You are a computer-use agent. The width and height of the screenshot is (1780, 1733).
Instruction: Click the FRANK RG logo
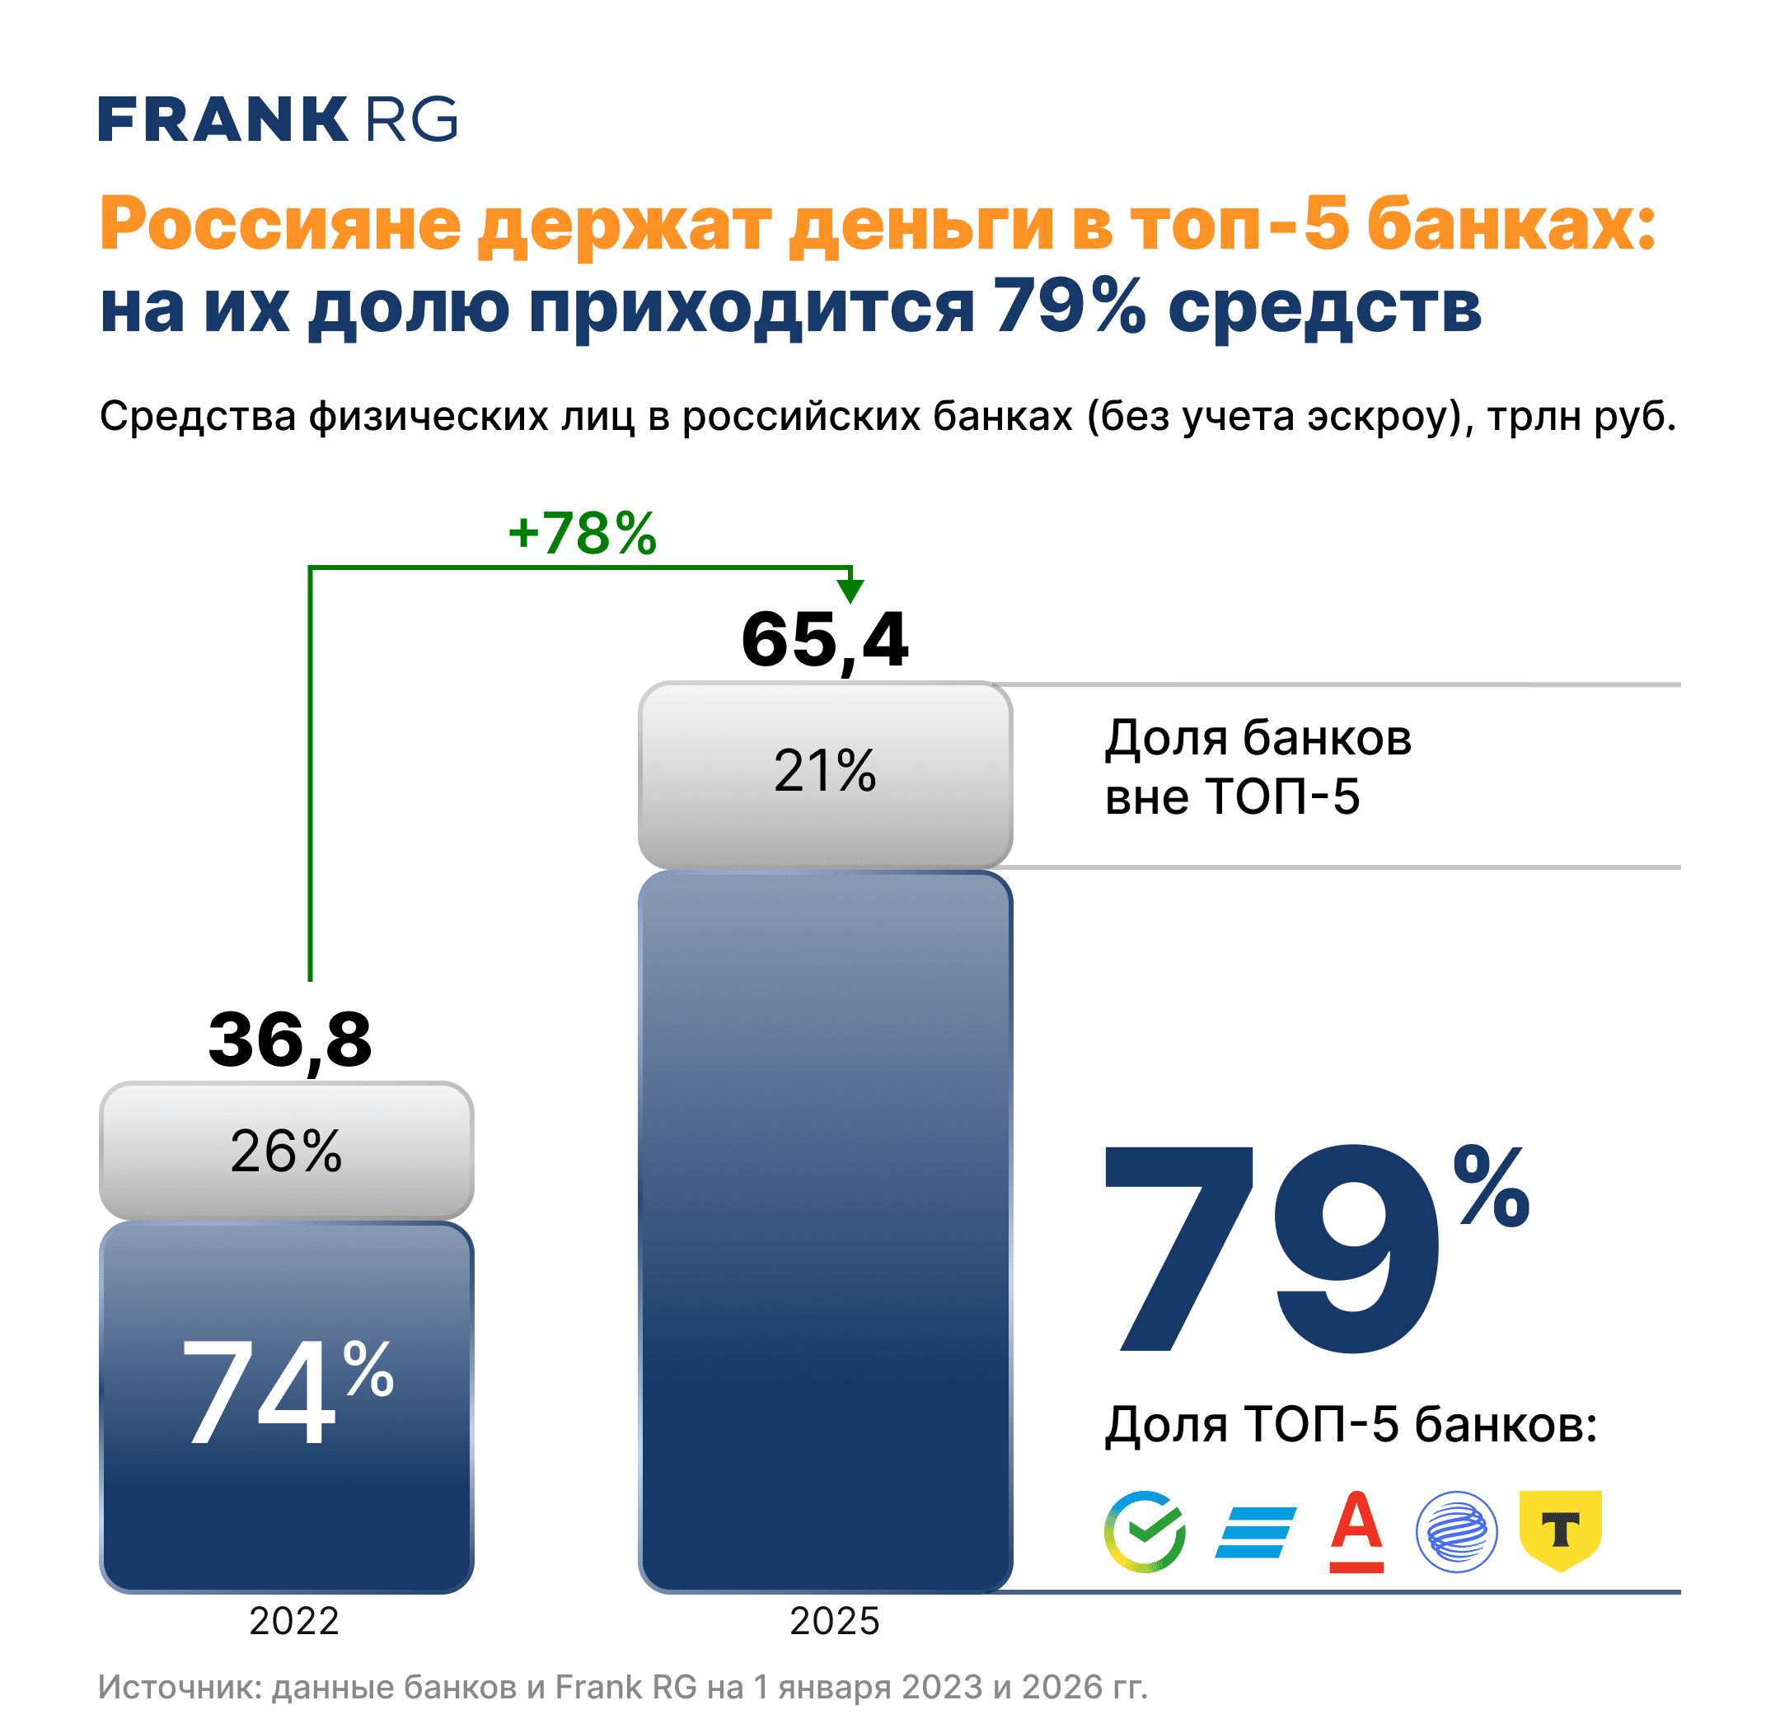(277, 119)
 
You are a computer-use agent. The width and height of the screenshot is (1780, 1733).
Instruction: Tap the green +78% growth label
(581, 534)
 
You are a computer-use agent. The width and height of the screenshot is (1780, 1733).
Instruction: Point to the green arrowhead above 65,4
(850, 590)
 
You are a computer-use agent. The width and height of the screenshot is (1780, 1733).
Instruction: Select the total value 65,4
(824, 640)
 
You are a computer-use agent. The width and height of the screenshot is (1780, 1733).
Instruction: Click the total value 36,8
(289, 1039)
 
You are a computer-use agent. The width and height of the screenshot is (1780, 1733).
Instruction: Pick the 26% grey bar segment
(286, 1151)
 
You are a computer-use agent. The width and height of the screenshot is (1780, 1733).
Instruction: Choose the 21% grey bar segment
(824, 773)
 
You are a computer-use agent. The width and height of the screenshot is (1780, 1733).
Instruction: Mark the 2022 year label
(293, 1621)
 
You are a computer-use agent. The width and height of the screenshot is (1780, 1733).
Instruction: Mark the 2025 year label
(834, 1621)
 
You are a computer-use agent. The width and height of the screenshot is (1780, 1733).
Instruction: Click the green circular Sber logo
(1145, 1532)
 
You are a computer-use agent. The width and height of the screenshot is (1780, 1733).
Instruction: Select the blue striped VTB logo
(1254, 1533)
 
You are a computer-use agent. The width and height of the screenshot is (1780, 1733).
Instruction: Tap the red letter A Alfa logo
(1356, 1532)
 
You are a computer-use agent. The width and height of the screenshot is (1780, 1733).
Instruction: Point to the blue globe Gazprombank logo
(1456, 1532)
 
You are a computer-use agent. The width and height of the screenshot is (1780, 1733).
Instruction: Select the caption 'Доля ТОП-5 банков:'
(1351, 1424)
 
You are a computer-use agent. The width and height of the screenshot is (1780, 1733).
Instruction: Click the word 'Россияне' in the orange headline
(279, 224)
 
